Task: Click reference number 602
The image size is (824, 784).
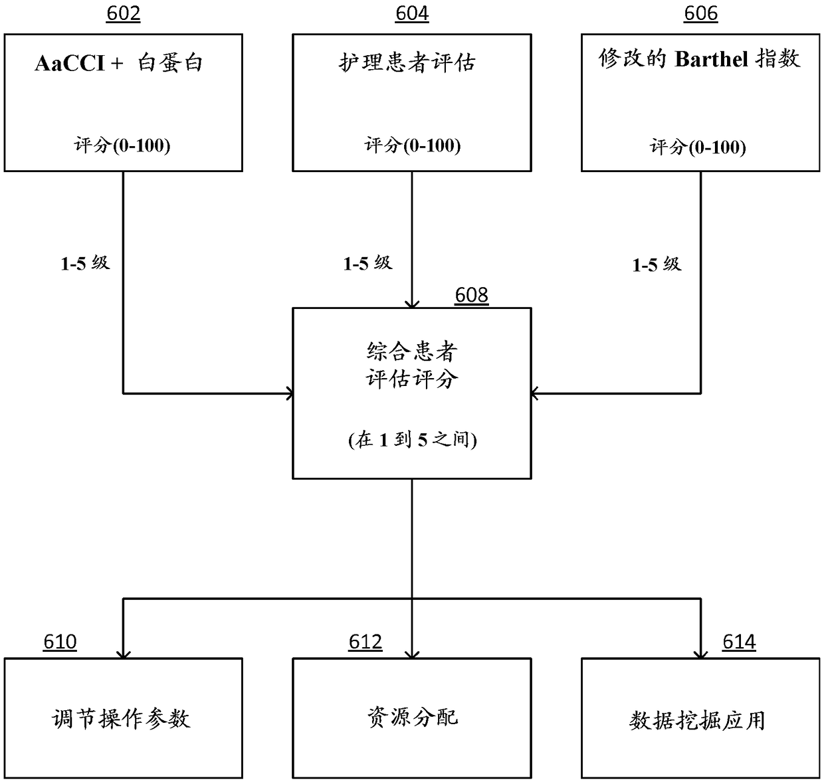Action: (x=124, y=14)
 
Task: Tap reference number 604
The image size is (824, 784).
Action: (x=412, y=14)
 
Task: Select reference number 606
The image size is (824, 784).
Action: (x=701, y=14)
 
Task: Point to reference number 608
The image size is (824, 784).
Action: (x=472, y=295)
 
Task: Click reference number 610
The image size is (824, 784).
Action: (x=60, y=642)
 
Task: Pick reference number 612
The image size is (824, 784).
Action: (x=365, y=642)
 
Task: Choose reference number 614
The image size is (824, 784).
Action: (x=739, y=642)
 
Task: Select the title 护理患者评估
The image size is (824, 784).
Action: (x=407, y=63)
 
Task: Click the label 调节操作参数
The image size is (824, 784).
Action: (x=122, y=719)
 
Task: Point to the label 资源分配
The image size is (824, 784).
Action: (x=412, y=718)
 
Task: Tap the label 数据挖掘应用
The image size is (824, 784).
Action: (x=698, y=720)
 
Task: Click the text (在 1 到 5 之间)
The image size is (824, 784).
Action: (x=412, y=440)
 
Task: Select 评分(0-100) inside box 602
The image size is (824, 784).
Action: (x=122, y=146)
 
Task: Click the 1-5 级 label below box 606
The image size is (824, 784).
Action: (x=657, y=265)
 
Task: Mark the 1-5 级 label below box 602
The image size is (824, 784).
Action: (x=85, y=264)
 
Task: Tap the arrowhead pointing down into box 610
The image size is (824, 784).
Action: (x=124, y=654)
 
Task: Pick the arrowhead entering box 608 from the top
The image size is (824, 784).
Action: (x=412, y=304)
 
